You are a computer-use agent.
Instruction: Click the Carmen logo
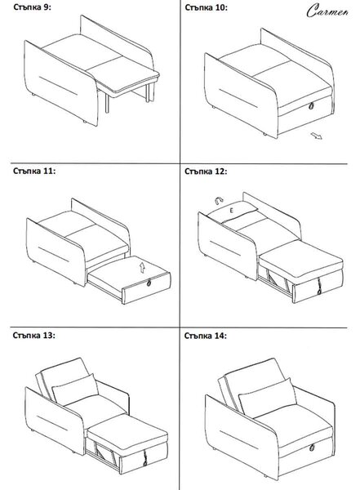327,11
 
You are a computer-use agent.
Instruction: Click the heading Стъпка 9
32,7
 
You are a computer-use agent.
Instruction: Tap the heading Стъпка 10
206,7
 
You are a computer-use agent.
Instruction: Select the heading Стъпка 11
34,171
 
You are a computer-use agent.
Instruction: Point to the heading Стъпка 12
206,171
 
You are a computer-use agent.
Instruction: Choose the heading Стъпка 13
33,336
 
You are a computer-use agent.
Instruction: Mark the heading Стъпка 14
206,336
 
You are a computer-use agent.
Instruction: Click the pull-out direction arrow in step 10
316,136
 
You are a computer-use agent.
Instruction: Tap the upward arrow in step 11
142,268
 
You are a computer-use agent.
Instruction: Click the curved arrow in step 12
219,199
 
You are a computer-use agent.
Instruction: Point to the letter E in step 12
232,211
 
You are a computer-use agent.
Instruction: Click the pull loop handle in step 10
311,106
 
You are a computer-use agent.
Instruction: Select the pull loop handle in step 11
149,283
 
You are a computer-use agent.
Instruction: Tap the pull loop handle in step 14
311,448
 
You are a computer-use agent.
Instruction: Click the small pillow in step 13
75,389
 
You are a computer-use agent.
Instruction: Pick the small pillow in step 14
268,397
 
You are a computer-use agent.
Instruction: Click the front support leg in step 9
107,103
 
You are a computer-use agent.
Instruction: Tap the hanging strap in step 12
319,286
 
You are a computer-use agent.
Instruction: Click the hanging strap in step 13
145,458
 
